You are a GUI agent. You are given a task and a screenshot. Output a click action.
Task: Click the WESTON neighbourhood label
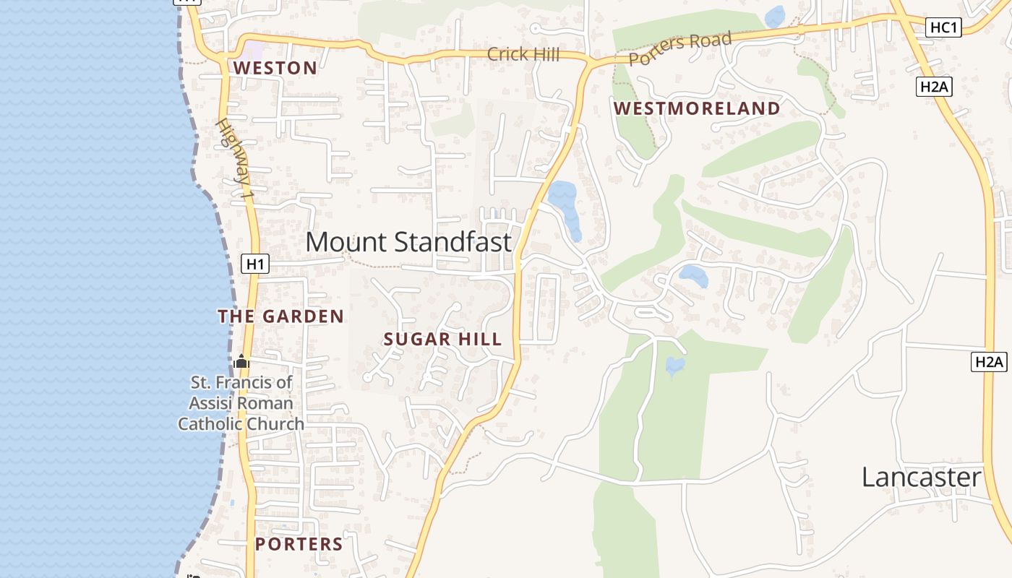tap(275, 69)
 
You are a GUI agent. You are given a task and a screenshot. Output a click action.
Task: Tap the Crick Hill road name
tap(523, 54)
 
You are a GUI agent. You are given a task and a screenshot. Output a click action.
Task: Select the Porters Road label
tap(680, 48)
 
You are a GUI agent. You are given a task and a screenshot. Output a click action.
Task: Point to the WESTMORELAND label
tap(697, 109)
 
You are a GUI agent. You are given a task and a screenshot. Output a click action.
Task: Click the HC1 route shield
tap(944, 27)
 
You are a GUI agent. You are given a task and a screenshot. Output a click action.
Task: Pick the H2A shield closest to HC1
tap(934, 87)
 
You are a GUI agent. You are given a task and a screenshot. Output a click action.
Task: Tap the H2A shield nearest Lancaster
tap(989, 362)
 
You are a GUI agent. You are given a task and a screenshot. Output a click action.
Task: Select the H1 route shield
tap(255, 264)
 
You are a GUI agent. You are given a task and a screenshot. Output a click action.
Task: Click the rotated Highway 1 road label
tap(236, 159)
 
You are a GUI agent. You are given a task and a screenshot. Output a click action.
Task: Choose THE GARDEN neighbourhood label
tap(281, 316)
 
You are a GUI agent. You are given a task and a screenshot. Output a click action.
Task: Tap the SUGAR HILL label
tap(442, 340)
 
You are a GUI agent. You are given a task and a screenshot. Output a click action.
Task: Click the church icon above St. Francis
tap(241, 361)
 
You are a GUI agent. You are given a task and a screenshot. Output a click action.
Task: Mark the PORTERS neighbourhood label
tap(299, 544)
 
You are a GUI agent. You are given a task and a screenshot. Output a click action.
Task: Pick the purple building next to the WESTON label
tap(254, 51)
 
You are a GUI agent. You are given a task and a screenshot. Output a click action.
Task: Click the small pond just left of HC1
tap(775, 16)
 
